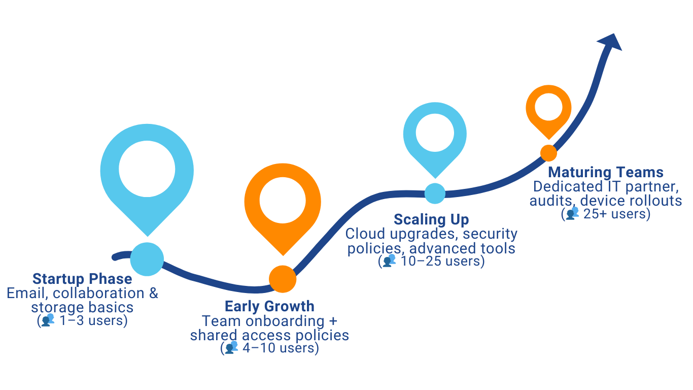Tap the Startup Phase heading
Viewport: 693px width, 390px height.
coord(82,279)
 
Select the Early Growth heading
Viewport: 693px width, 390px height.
coord(269,307)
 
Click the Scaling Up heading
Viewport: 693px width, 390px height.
coord(431,219)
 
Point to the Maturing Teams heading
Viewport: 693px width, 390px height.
coord(606,172)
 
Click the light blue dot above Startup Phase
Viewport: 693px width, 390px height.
coord(147,259)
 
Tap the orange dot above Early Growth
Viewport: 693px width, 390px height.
coord(283,279)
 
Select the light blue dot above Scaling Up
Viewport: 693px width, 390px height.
coord(435,193)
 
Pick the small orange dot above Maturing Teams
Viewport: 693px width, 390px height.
coord(548,153)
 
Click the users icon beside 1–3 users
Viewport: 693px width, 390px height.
coord(48,320)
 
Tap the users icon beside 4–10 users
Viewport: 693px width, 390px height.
coord(231,347)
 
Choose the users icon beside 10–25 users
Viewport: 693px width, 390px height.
coord(389,261)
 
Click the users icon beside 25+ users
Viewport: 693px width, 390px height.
coord(572,213)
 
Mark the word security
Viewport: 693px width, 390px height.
coord(490,234)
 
